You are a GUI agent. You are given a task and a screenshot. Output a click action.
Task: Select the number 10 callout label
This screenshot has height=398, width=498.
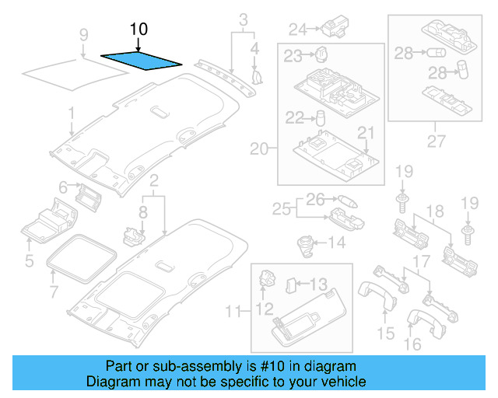(x=138, y=30)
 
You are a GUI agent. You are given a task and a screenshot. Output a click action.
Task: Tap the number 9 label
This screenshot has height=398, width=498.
(x=84, y=34)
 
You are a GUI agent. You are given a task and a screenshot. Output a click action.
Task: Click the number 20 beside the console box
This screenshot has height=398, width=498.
(x=258, y=148)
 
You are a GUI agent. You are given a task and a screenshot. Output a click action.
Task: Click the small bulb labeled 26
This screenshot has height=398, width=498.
(x=348, y=201)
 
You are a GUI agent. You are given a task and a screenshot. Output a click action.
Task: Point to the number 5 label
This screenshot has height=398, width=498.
(x=29, y=261)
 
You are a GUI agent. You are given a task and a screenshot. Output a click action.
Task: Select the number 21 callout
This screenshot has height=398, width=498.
(x=366, y=132)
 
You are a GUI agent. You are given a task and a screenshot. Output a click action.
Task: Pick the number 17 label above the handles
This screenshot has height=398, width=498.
(x=420, y=262)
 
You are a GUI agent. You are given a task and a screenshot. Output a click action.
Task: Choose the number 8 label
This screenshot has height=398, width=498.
(x=142, y=211)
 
